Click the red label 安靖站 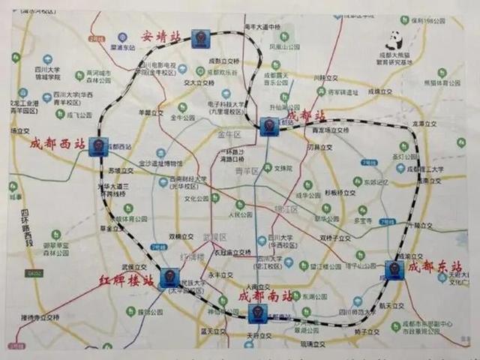(x=161, y=36)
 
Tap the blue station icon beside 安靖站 (x=200, y=38)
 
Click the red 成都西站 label (x=57, y=142)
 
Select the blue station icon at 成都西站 (x=98, y=146)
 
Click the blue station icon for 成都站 (x=269, y=126)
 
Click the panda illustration (x=394, y=40)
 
